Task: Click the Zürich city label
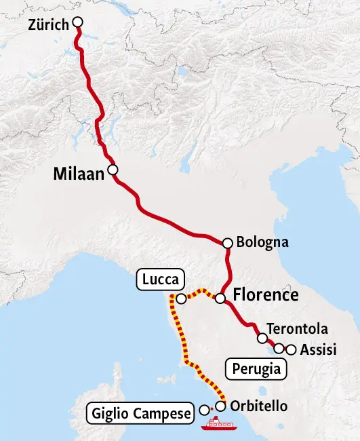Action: pyautogui.click(x=49, y=25)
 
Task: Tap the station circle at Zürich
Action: pyautogui.click(x=77, y=22)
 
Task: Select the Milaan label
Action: pyautogui.click(x=79, y=175)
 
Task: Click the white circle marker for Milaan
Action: pyautogui.click(x=113, y=170)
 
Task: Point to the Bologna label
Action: pyautogui.click(x=262, y=242)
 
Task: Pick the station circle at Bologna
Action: pyautogui.click(x=228, y=242)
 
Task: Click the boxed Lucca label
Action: pyautogui.click(x=161, y=279)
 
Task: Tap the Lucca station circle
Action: pyautogui.click(x=181, y=299)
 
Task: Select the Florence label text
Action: pyautogui.click(x=265, y=295)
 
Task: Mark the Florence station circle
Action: pyautogui.click(x=220, y=298)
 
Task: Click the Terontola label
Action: pyautogui.click(x=298, y=329)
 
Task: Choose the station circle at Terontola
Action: pyautogui.click(x=262, y=338)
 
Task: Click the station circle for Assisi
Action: pyautogui.click(x=292, y=350)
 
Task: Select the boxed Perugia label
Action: pyautogui.click(x=256, y=370)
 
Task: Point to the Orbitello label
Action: pyautogui.click(x=259, y=406)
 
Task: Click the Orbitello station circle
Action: pyautogui.click(x=220, y=406)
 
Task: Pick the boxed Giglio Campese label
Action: pyautogui.click(x=141, y=413)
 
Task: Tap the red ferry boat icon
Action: pyautogui.click(x=219, y=423)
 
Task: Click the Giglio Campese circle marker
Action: pyautogui.click(x=205, y=410)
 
